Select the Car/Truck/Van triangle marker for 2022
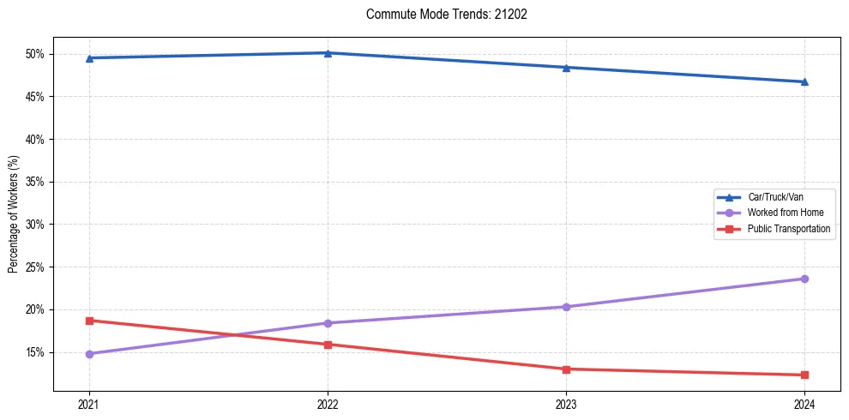(328, 53)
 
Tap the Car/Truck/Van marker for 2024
(804, 82)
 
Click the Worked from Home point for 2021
(89, 354)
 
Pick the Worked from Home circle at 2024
(804, 279)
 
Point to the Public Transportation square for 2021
(89, 321)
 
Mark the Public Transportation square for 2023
(566, 369)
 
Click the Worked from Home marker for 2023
(566, 307)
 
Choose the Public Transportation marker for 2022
(328, 345)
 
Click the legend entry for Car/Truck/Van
(775, 197)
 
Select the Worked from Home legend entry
(786, 213)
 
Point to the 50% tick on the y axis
(35, 54)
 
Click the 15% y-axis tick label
(35, 352)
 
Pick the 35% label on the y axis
(35, 182)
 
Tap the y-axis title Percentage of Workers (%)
(14, 214)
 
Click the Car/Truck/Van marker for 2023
(566, 68)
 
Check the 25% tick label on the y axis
(35, 267)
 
